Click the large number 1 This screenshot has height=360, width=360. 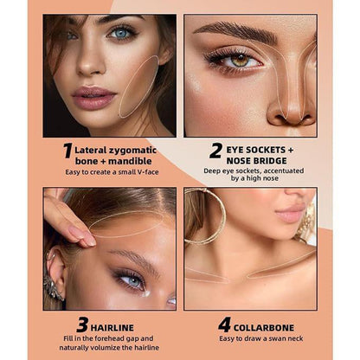click(67, 151)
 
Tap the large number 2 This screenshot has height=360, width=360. click(215, 151)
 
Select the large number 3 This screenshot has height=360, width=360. click(83, 325)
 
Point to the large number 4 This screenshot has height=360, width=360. click(224, 325)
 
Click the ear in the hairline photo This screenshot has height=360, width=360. click(53, 268)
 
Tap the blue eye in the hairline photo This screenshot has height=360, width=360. click(132, 280)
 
